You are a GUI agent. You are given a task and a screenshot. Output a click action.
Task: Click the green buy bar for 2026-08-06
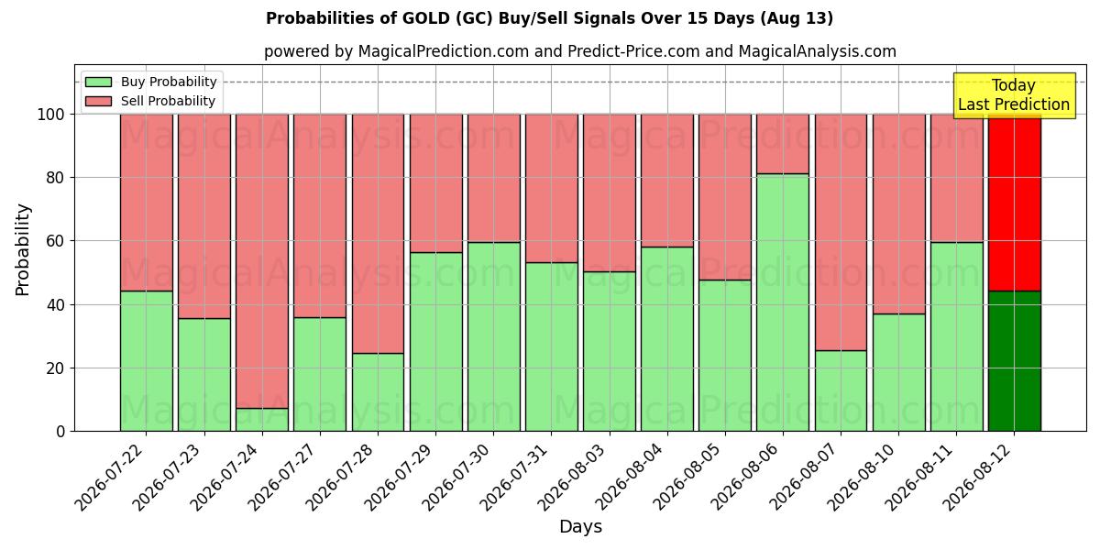coord(783,302)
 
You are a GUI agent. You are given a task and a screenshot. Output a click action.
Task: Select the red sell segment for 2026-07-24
coord(262,261)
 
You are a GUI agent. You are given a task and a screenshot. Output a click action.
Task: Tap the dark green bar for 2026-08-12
coord(1015,361)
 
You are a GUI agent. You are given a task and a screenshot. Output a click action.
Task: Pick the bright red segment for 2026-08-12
coord(1015,203)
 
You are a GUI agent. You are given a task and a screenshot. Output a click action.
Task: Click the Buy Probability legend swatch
coord(98,82)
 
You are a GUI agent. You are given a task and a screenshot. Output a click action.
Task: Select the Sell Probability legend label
coord(168,101)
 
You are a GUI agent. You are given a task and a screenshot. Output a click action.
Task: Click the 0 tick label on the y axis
coord(60,432)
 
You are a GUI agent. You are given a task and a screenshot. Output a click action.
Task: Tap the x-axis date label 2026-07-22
coord(111,478)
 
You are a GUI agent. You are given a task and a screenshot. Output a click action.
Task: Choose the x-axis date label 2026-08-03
coord(574,478)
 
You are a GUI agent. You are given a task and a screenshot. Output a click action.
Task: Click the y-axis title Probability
coord(23,250)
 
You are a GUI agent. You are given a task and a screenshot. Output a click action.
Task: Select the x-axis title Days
coord(580,527)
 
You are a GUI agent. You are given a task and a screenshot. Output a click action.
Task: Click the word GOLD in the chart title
coord(425,18)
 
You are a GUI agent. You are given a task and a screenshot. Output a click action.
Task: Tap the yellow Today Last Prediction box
coord(1015,95)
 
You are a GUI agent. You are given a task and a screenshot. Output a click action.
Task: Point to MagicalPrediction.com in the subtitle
coord(444,51)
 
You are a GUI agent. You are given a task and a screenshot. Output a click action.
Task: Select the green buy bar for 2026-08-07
coord(841,390)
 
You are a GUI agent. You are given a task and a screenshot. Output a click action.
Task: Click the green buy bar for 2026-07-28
coord(378,392)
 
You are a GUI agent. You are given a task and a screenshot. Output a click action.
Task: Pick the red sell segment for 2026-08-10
coord(898,214)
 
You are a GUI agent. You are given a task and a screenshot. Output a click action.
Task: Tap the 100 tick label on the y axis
coord(51,115)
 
